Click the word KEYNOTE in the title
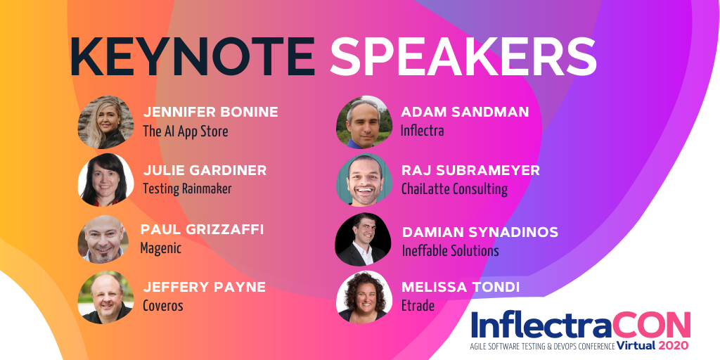[193, 56]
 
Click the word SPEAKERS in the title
[463, 56]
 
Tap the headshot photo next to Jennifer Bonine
[105, 122]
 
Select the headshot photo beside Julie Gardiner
[105, 179]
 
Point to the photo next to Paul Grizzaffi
[103, 239]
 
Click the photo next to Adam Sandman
[364, 122]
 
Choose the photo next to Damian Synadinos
[364, 239]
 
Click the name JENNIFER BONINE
[211, 112]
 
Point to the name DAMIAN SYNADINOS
[480, 232]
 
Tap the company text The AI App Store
[186, 131]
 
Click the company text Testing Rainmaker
[187, 188]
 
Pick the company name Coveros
[163, 306]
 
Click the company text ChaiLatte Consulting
[455, 188]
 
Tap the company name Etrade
[418, 306]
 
